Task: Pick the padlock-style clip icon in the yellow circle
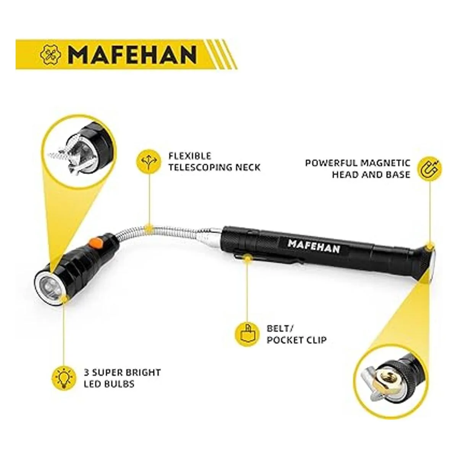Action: coord(246,333)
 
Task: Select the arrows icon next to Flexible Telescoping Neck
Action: coord(148,162)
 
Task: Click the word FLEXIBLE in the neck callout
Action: coord(190,156)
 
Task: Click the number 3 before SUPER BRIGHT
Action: coord(86,372)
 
